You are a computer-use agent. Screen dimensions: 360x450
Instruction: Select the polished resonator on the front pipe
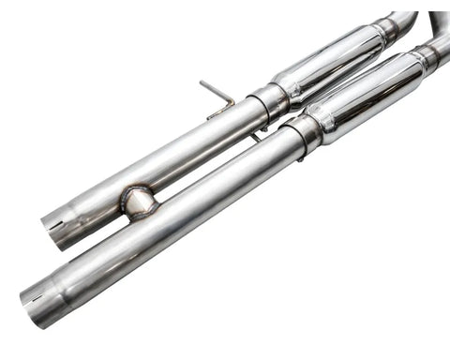pyautogui.click(x=366, y=94)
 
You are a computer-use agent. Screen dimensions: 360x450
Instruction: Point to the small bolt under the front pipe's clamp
pyautogui.click(x=300, y=157)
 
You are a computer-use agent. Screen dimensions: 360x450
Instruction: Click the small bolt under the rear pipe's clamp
pyautogui.click(x=255, y=137)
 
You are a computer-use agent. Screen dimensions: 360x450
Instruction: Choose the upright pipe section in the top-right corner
pyautogui.click(x=438, y=23)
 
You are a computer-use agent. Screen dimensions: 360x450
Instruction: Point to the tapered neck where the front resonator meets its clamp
pyautogui.click(x=320, y=122)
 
